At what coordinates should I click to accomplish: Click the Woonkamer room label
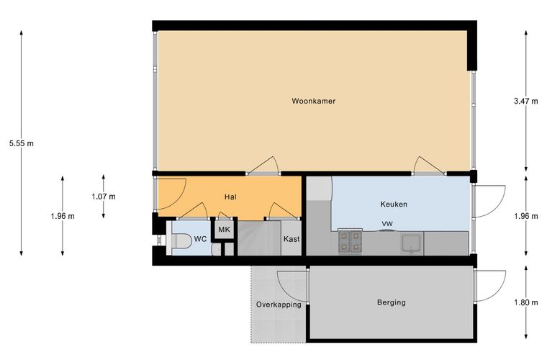click(313, 102)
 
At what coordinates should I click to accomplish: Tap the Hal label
click(230, 197)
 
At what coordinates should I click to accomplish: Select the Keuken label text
click(394, 204)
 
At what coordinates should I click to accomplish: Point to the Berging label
click(392, 302)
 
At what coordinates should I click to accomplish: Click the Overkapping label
click(279, 305)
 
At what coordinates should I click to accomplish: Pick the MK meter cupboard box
click(224, 230)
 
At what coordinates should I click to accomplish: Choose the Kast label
click(291, 239)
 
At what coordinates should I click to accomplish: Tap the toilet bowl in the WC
click(180, 241)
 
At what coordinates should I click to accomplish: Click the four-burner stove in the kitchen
click(350, 241)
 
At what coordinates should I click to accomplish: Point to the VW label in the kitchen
click(387, 224)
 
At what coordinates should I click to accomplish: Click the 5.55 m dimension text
click(22, 143)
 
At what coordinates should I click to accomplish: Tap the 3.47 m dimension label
click(525, 102)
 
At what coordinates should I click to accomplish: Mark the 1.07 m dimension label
click(104, 197)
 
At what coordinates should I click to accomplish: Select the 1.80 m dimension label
click(525, 302)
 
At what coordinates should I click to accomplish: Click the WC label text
click(200, 239)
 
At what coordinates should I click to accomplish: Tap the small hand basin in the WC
click(216, 249)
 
